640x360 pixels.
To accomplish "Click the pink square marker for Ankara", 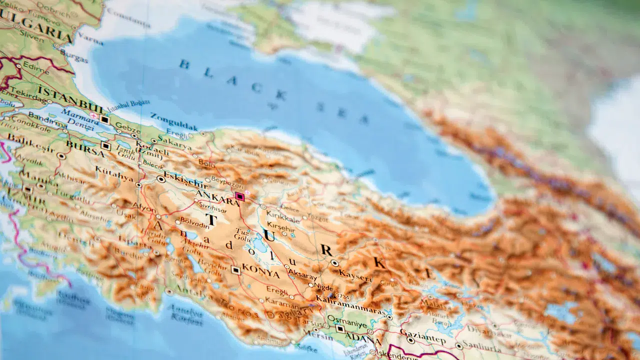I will tap(239, 196).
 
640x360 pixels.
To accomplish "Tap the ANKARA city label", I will tap(218, 198).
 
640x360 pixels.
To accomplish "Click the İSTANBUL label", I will tap(71, 99).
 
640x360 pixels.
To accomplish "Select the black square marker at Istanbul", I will tap(104, 119).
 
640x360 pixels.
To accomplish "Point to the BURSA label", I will tap(85, 149).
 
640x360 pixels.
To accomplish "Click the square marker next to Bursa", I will tap(105, 146).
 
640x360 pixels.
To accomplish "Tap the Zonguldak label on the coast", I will tap(173, 121).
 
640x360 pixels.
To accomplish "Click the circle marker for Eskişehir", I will tap(161, 178).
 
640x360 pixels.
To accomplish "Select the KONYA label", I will tap(260, 273).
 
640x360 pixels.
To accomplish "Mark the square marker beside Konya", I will tap(235, 270).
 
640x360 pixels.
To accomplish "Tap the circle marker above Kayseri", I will tap(334, 263).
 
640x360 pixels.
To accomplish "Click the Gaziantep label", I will tap(423, 334).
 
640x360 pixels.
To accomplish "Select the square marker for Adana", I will tap(340, 329).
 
